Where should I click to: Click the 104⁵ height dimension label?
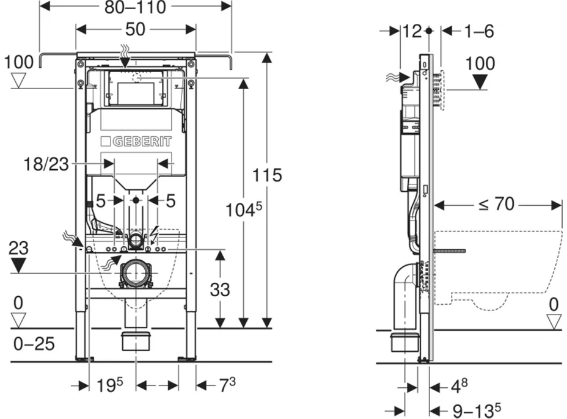point(243,211)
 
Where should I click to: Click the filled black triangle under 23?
point(19,265)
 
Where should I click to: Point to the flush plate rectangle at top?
point(136,90)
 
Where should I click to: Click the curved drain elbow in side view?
point(403,293)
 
